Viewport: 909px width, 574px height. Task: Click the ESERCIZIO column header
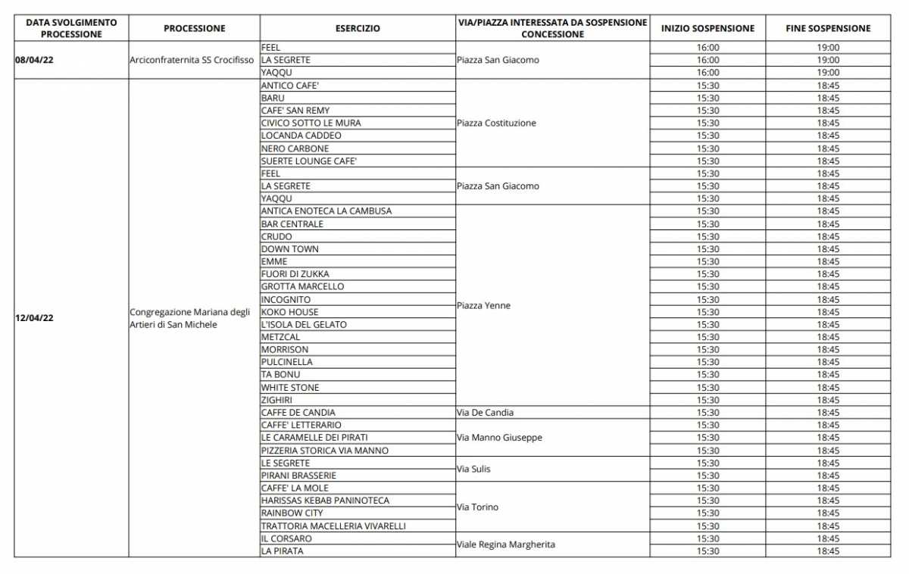point(358,29)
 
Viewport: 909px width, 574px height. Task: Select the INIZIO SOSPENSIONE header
point(708,29)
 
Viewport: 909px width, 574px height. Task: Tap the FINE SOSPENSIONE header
point(828,29)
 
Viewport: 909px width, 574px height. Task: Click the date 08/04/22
point(34,60)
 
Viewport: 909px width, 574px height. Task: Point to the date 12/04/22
point(34,318)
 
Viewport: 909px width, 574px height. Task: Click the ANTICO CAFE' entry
point(289,86)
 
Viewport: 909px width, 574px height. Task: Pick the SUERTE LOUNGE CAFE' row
point(308,161)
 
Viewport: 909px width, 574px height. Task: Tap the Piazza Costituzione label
point(496,123)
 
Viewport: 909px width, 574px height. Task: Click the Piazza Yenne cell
point(483,305)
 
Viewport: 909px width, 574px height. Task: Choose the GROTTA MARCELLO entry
point(302,286)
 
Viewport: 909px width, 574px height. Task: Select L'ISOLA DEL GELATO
point(304,324)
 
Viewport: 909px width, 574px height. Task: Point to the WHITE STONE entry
point(290,387)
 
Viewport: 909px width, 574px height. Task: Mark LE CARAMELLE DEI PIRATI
point(314,438)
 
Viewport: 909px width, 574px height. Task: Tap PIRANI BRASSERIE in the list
point(298,476)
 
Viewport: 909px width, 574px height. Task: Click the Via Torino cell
point(477,507)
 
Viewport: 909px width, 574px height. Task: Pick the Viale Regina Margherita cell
point(505,544)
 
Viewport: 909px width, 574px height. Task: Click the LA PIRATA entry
point(282,551)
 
